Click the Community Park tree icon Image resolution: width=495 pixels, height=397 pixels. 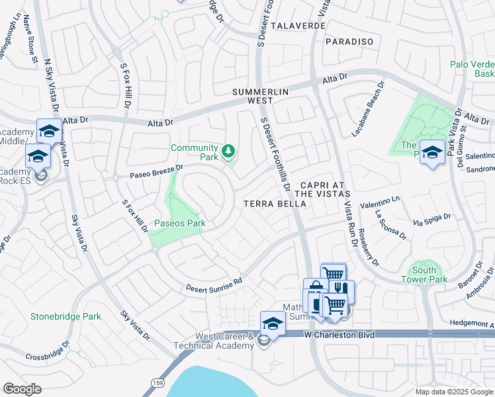coord(228,152)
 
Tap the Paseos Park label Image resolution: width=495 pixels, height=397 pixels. coord(180,224)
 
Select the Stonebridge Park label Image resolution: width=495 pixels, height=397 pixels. coord(66,316)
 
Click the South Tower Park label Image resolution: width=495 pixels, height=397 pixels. coord(424,275)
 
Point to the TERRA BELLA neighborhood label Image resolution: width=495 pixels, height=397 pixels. coord(275,204)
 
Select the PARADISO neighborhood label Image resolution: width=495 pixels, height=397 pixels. coord(349,42)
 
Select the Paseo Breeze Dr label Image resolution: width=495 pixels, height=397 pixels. coord(147,173)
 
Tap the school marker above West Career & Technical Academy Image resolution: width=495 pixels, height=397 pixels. coord(272,323)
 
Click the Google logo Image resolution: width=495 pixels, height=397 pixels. coord(22,388)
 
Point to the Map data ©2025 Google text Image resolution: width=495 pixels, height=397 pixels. coord(453,392)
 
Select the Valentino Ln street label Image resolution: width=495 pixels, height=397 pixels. coord(380,202)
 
